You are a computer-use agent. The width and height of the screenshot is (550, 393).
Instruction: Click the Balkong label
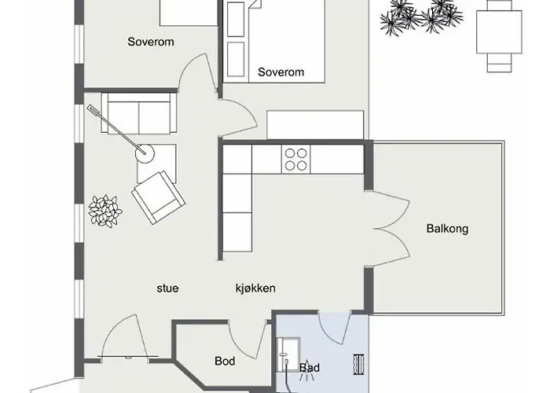[447, 229]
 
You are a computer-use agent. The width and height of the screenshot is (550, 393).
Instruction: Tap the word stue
[167, 288]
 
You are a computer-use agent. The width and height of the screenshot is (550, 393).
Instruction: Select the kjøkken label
[255, 288]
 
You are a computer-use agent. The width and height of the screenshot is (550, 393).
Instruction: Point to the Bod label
[225, 361]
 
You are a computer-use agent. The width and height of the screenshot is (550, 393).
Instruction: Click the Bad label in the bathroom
[310, 368]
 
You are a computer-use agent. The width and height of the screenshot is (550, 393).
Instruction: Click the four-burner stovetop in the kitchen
[295, 160]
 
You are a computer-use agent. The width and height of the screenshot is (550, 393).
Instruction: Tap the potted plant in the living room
[104, 211]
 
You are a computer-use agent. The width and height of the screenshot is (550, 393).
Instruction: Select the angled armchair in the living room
[158, 196]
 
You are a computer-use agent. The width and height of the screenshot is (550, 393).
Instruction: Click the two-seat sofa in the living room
[139, 113]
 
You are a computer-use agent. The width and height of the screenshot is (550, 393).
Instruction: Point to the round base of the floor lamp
[145, 153]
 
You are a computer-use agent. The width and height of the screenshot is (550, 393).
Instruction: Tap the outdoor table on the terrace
[499, 32]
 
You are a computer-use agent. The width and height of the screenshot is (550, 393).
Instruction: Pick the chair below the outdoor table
[499, 63]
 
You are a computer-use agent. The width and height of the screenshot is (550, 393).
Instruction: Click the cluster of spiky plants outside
[421, 17]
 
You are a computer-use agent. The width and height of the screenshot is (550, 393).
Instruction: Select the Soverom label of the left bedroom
[151, 42]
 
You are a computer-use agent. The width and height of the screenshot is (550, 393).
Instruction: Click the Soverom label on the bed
[280, 72]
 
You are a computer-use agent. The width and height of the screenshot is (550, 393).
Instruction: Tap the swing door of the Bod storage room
[248, 339]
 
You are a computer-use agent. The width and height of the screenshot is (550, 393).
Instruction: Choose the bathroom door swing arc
[333, 327]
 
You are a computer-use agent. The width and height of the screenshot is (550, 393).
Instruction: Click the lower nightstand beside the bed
[236, 59]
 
